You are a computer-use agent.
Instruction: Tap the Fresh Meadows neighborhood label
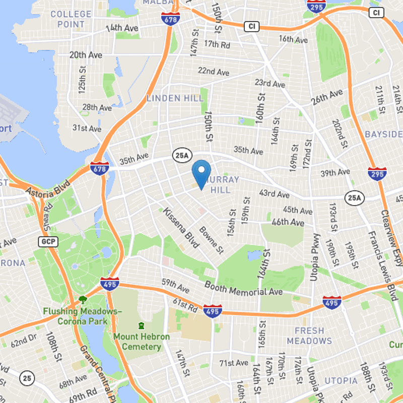[x=309, y=335]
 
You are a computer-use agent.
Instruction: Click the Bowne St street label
[x=211, y=240]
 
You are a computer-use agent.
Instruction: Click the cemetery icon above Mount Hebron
[x=142, y=326]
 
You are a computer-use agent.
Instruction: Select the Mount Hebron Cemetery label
[x=142, y=342]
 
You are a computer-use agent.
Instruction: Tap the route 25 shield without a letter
[x=28, y=378]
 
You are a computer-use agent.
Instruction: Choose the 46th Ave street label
[x=288, y=222]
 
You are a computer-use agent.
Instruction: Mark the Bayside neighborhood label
[x=384, y=135]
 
